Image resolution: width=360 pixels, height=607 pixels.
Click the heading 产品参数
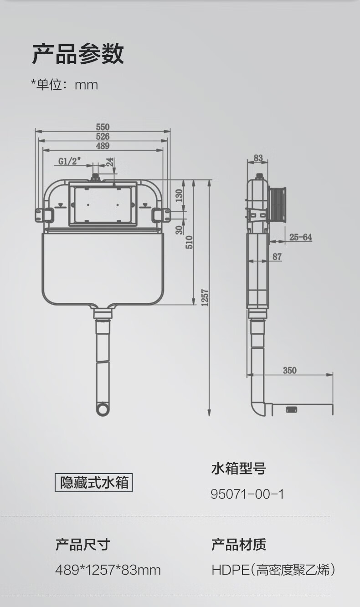point(78,54)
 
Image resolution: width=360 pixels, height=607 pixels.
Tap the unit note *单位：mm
point(64,85)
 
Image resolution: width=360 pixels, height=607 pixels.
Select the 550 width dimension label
point(103,127)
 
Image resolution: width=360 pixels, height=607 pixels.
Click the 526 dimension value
point(103,136)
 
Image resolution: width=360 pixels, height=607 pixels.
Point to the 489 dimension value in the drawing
point(103,146)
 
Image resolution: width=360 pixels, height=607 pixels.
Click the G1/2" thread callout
point(70,161)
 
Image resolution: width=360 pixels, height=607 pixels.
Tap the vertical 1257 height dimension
point(205,298)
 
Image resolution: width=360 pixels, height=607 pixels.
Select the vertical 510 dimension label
point(189,242)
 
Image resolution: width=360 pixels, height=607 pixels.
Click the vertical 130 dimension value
point(179,195)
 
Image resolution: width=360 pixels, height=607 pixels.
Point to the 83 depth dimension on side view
point(258,158)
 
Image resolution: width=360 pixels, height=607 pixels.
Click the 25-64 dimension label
point(301,237)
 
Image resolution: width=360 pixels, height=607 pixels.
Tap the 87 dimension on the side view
point(277,257)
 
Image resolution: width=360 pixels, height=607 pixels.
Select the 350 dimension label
point(290,370)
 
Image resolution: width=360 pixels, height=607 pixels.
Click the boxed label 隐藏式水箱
point(94,482)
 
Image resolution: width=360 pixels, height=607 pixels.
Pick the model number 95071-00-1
point(247,494)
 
